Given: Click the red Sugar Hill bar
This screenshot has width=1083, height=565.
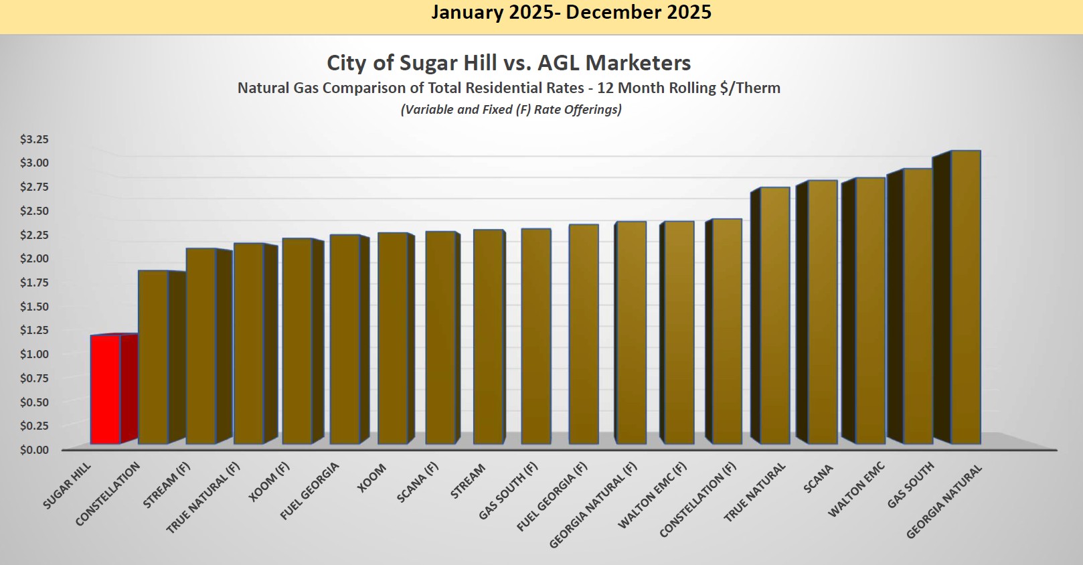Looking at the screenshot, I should [x=106, y=389].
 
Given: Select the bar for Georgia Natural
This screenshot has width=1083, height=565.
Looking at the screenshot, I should [x=965, y=297].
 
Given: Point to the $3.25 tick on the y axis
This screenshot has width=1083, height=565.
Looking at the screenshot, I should [x=34, y=139].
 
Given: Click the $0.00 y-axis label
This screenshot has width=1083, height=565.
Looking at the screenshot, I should [x=34, y=449].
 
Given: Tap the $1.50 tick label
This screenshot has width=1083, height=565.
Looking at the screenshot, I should [x=34, y=306].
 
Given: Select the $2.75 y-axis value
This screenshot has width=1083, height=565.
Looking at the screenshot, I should [x=34, y=187].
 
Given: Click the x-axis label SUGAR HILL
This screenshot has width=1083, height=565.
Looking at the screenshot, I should [x=67, y=485].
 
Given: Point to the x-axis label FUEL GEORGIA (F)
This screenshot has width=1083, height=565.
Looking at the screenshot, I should [x=552, y=497].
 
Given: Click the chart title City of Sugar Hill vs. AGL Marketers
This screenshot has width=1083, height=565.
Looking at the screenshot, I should [x=509, y=63].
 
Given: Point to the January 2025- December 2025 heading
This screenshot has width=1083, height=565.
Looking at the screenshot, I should [x=571, y=12].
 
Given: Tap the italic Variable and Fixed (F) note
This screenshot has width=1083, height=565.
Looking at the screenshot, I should [x=511, y=109].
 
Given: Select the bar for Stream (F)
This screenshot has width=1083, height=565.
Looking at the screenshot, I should [x=201, y=346].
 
